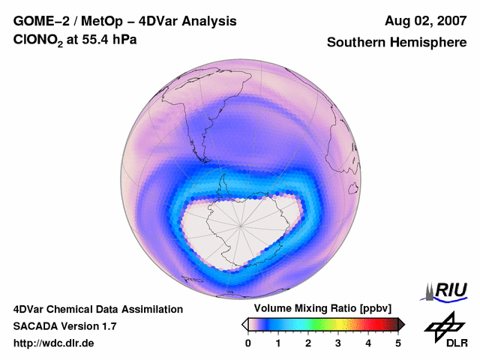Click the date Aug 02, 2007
(x=424, y=21)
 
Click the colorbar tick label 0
(x=248, y=343)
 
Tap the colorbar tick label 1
(x=278, y=343)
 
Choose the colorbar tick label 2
(x=308, y=343)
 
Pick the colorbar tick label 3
(x=338, y=343)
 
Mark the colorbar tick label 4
(x=368, y=343)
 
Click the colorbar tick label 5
(x=398, y=343)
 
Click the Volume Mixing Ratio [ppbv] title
(x=319, y=308)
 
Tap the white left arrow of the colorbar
(x=244, y=324)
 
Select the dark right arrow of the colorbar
(x=401, y=324)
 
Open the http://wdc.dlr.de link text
(x=54, y=343)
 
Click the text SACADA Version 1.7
(x=64, y=326)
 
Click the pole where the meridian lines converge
(x=241, y=226)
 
